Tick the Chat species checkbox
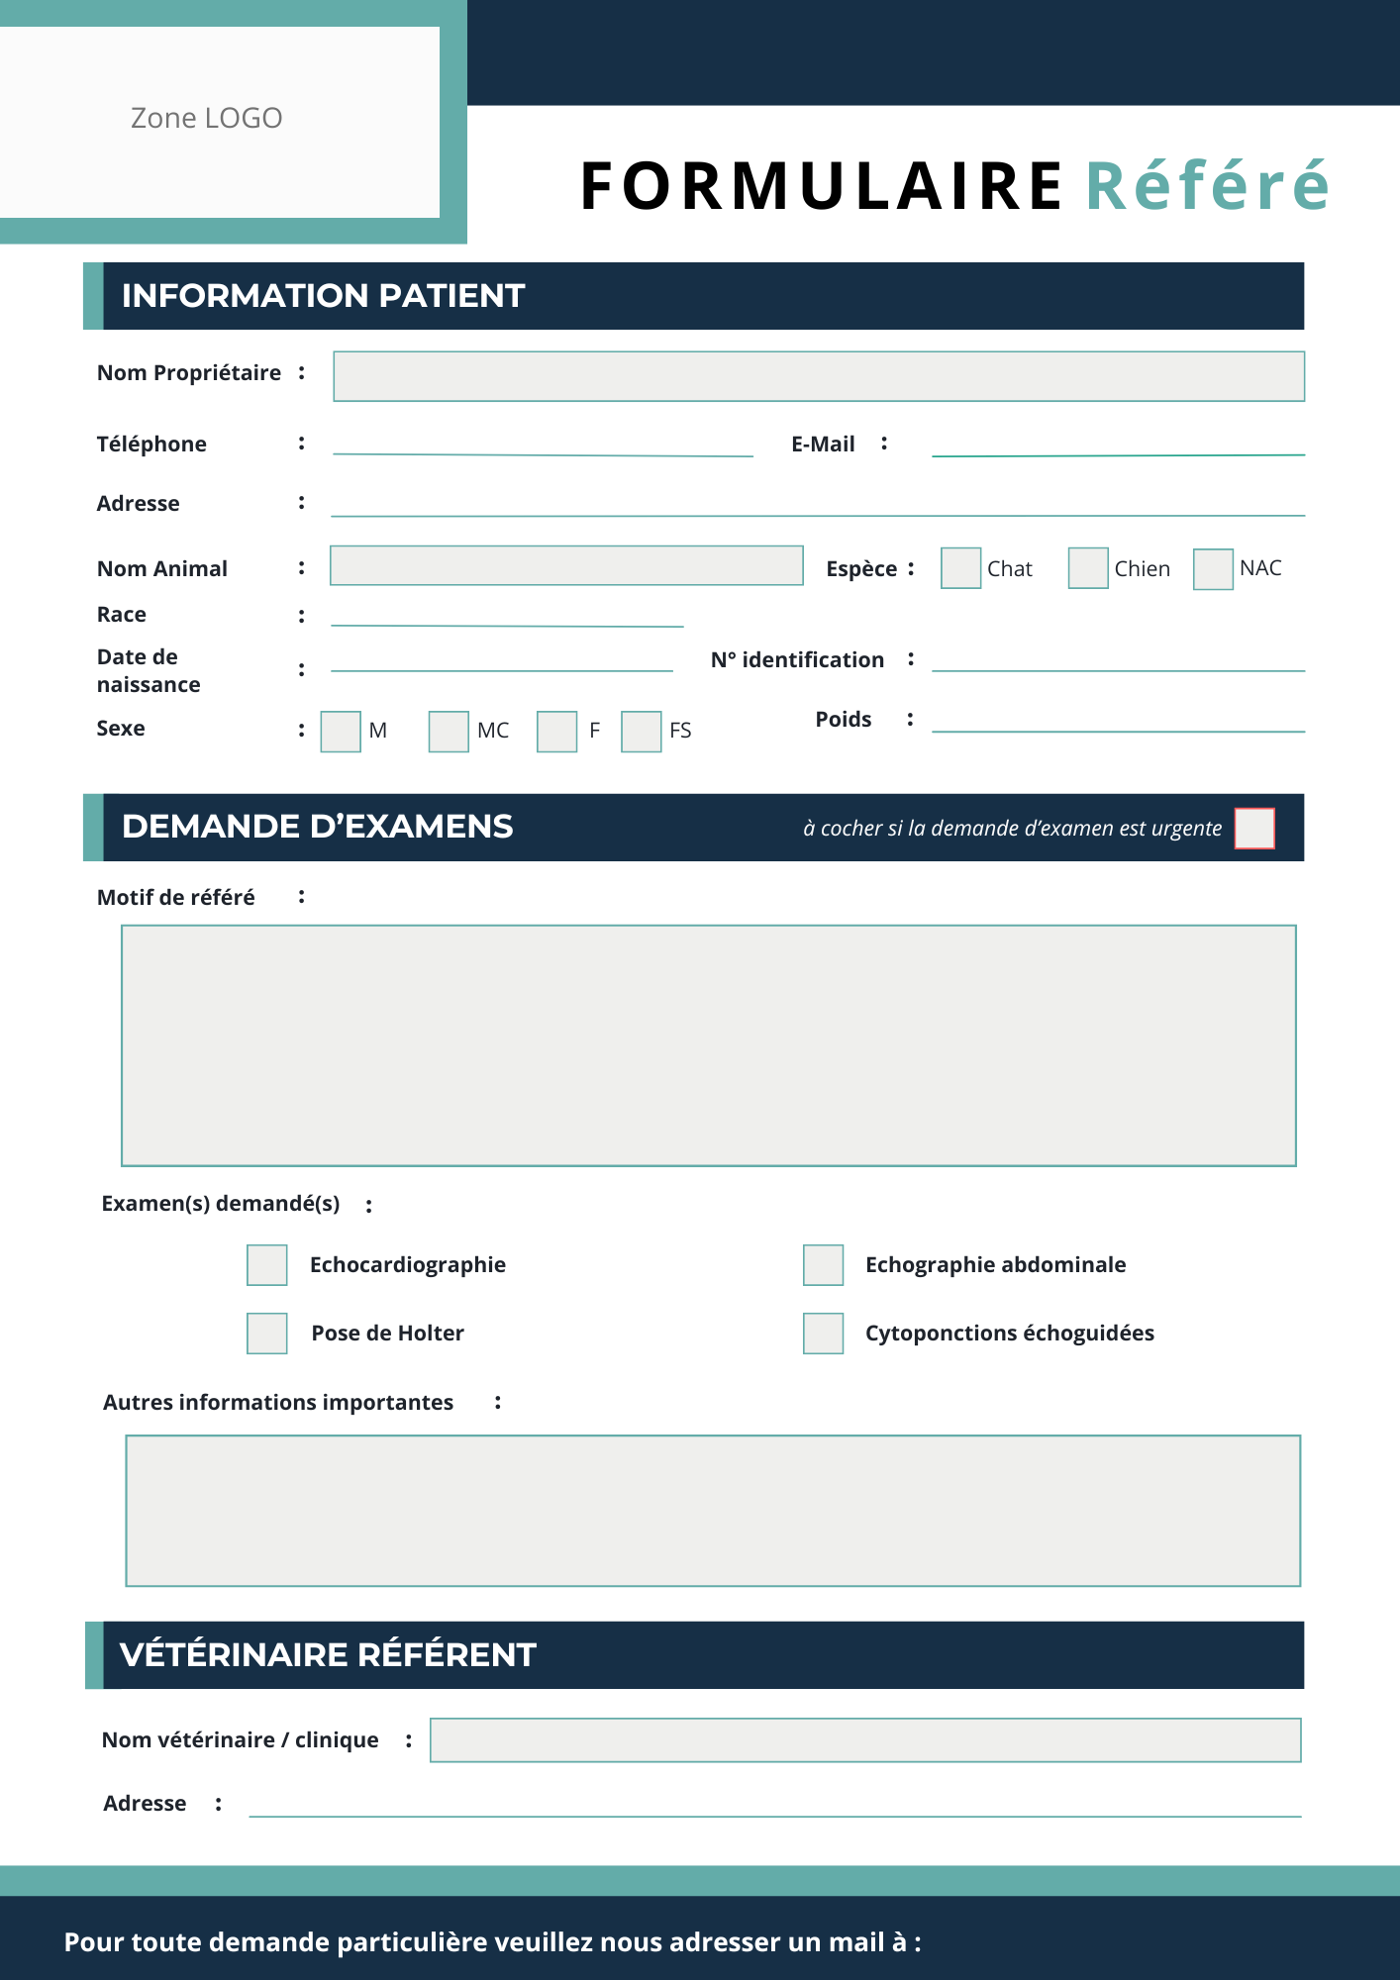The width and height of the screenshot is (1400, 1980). (960, 568)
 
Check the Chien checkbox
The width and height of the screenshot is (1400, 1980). (1087, 568)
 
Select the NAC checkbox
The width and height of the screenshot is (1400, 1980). (1213, 569)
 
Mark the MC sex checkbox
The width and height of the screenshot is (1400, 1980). (449, 732)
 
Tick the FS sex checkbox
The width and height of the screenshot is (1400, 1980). (641, 732)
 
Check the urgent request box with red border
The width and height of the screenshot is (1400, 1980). (1254, 829)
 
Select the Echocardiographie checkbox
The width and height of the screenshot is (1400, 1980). (267, 1265)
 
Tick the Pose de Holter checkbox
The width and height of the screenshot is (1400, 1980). (267, 1334)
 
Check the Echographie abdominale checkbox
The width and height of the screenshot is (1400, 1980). (823, 1265)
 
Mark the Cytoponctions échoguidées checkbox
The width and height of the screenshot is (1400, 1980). (823, 1334)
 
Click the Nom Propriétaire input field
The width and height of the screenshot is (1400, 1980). (818, 376)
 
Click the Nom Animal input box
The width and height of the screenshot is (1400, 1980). (566, 565)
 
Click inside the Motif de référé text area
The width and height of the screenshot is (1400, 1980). (708, 1045)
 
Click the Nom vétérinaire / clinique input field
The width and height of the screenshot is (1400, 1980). (864, 1740)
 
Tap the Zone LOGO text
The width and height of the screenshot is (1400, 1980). (207, 119)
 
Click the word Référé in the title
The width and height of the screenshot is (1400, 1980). (1207, 186)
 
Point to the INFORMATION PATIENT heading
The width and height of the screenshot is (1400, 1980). (323, 296)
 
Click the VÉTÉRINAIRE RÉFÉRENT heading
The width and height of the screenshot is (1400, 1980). (328, 1655)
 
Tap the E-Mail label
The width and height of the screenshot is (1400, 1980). (823, 445)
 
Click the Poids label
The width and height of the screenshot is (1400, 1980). (843, 720)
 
